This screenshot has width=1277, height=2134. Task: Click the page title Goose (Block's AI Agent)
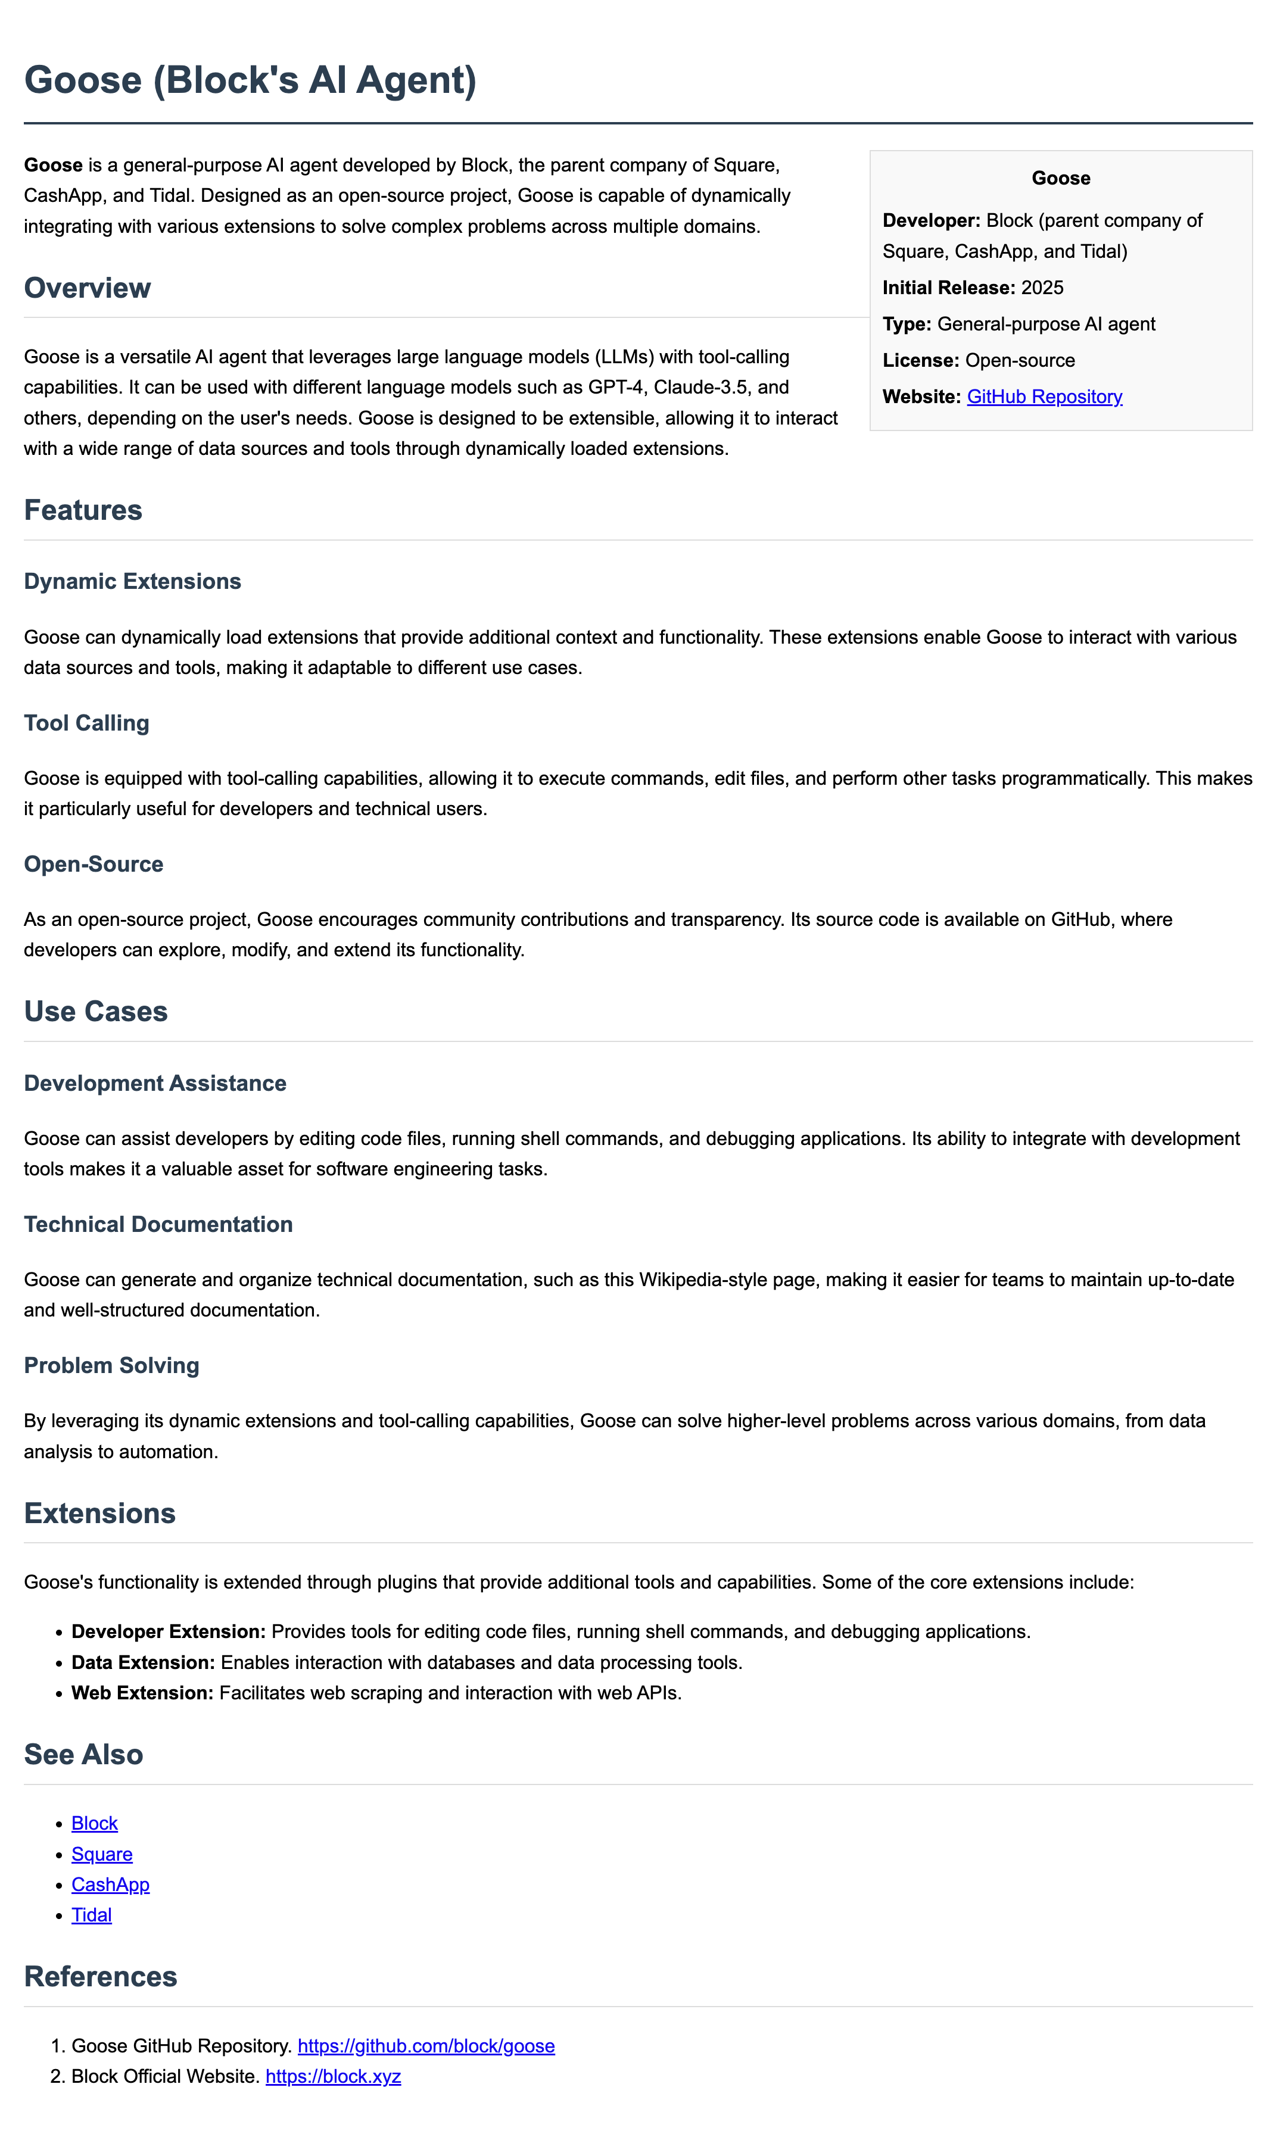coord(250,80)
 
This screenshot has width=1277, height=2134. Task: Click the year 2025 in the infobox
coord(1042,287)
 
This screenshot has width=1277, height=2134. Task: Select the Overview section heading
coord(88,288)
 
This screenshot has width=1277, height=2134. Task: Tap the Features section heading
coord(83,510)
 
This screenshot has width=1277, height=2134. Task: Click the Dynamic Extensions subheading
coord(132,582)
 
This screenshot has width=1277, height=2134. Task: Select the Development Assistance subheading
coord(155,1083)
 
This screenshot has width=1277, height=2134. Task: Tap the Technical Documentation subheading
coord(158,1224)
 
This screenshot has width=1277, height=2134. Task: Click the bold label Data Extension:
coord(143,1662)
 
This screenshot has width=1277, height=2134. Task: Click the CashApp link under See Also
coord(110,1884)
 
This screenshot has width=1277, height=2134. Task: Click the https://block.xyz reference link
coord(333,2076)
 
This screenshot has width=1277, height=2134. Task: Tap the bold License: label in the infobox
coord(920,360)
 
